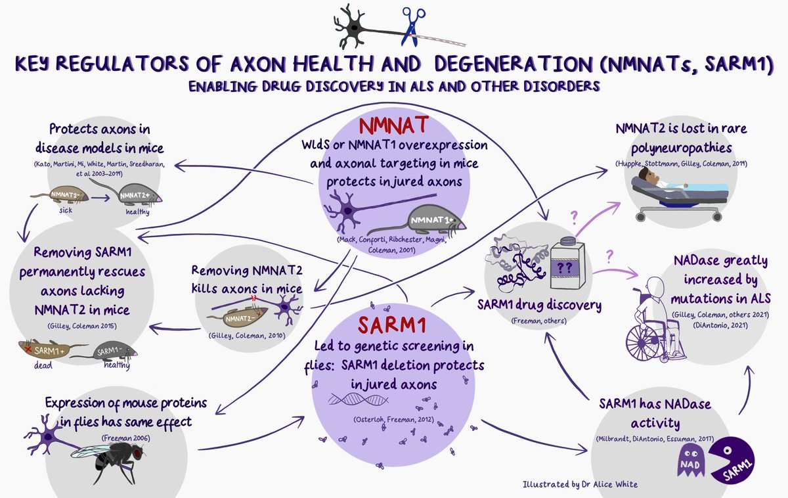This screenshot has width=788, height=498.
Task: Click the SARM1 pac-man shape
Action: click(x=730, y=457)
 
